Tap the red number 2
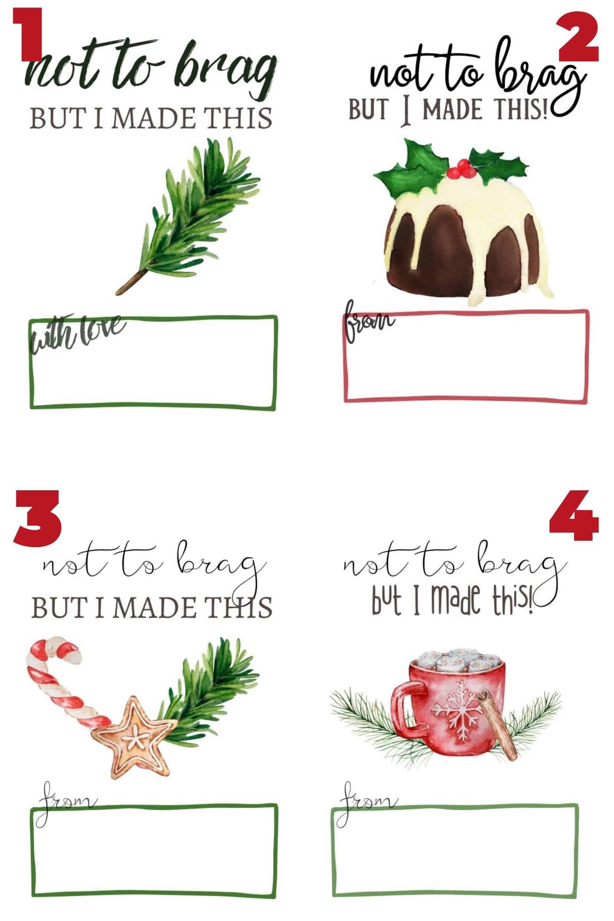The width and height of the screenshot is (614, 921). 578,37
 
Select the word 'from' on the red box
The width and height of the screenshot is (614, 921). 368,323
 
